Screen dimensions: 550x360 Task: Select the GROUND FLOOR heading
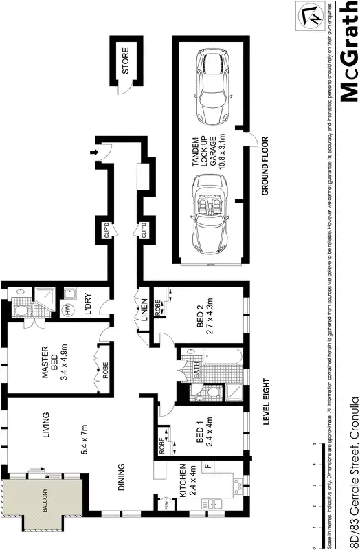265,167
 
